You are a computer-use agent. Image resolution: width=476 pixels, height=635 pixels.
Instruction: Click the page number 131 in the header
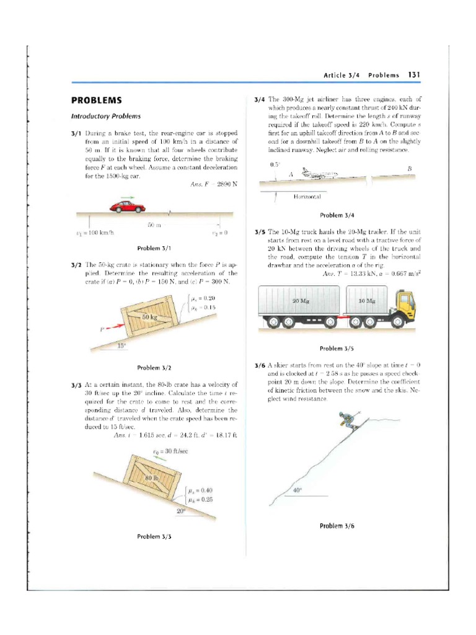[x=414, y=75]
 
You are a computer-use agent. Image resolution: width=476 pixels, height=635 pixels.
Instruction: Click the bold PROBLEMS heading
[x=96, y=100]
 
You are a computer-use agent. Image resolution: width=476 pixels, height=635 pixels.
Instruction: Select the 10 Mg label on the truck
[x=368, y=301]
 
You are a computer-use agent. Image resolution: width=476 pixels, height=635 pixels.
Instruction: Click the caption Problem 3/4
[x=337, y=215]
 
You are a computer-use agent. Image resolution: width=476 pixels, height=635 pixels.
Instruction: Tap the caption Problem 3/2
[x=154, y=368]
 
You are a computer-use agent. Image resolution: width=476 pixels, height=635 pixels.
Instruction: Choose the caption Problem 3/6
[x=337, y=526]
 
